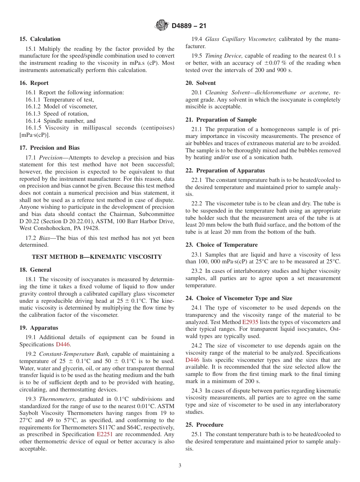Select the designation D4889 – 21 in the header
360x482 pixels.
pos(189,26)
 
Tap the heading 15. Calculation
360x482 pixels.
pos(40,39)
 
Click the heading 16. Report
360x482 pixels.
pos(34,83)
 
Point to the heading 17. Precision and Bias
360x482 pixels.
pos(50,148)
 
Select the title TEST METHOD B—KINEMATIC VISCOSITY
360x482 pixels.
pos(97,257)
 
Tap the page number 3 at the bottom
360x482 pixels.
pos(180,466)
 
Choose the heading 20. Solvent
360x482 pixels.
pos(200,83)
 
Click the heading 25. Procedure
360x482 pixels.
pos(204,425)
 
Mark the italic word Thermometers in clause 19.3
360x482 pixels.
pos(54,399)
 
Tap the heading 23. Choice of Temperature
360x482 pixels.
pos(221,245)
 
